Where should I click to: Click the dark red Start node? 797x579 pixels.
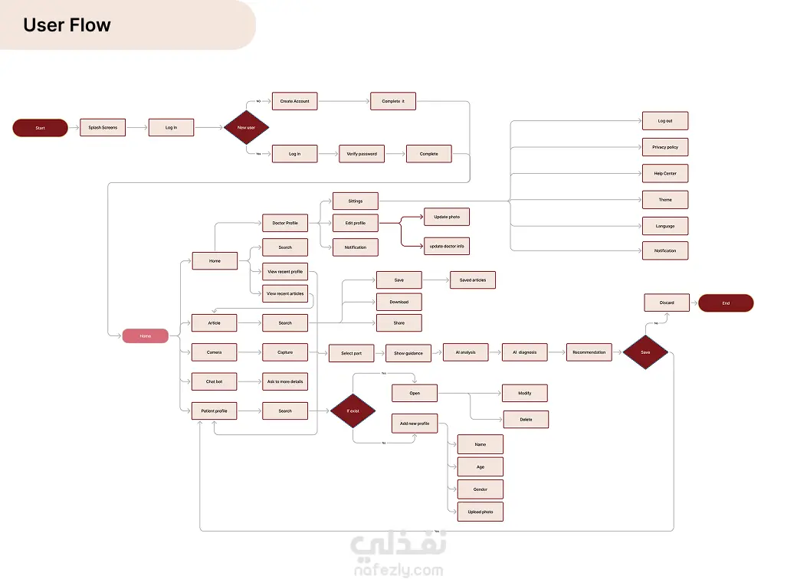tap(40, 128)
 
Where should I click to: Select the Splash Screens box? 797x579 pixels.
tap(103, 127)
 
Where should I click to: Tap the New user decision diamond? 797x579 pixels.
tap(246, 127)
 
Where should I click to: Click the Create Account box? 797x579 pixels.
tap(294, 101)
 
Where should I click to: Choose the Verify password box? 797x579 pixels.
tap(362, 154)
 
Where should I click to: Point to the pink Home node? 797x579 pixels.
tap(146, 335)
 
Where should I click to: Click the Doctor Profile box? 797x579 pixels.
tap(285, 223)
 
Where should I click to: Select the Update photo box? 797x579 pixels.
tap(447, 217)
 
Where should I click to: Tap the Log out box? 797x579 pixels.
tap(665, 121)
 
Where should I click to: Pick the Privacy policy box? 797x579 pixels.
tap(665, 147)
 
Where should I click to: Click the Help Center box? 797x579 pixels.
tap(665, 173)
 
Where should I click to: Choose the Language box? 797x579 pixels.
tap(665, 226)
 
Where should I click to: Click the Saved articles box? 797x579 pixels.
tap(473, 280)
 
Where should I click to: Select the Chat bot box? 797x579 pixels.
tap(215, 381)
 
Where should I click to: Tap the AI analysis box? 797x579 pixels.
tap(465, 352)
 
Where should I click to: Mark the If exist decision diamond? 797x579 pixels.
tap(353, 411)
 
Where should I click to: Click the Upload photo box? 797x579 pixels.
tap(480, 512)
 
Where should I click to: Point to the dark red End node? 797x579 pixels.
tap(726, 303)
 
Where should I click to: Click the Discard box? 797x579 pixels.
tap(667, 303)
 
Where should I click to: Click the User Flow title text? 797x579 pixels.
tap(67, 25)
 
